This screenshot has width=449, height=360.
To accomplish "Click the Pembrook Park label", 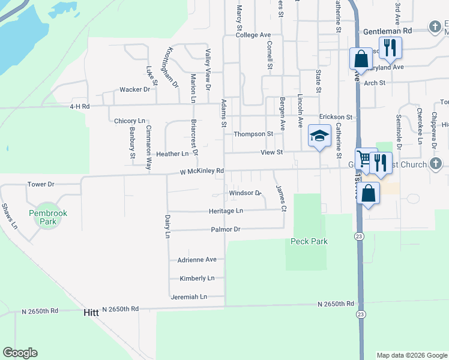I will pos(47,217).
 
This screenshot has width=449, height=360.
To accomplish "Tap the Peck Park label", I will pos(308,241).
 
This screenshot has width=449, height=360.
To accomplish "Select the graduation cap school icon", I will pos(320,136).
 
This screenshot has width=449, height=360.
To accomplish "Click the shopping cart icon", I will pos(364,159).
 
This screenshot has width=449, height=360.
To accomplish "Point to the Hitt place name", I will pos(91,313).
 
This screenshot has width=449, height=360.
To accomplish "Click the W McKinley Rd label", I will pos(202,171).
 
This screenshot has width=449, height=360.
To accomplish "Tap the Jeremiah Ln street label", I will pos(188,297).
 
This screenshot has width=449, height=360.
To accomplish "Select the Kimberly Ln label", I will pos(197,278).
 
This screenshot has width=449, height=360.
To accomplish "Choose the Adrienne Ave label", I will pos(197,260).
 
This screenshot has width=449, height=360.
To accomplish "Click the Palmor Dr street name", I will pos(225,230).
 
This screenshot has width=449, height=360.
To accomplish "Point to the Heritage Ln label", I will pos(226,211).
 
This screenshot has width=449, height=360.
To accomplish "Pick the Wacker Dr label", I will pos(134,89).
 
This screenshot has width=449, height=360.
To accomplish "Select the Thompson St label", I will pos(253,134).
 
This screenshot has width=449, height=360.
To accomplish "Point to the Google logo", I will pos(20,353).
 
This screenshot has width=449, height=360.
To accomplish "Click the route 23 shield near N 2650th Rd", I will pos(360,314).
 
